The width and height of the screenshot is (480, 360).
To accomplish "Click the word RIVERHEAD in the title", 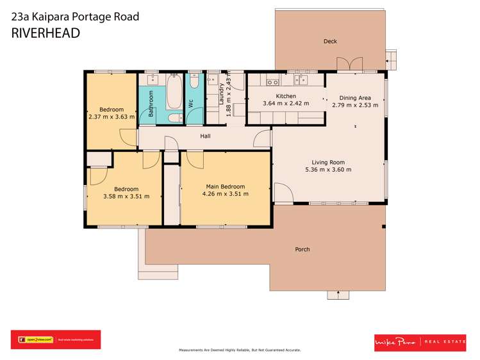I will (46, 33).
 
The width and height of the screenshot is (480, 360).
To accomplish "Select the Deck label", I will (330, 42).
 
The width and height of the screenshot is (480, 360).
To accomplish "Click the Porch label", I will (302, 249).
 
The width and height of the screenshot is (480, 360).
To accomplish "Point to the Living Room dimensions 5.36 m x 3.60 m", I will (328, 170).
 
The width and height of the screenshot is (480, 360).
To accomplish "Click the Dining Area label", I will (354, 97).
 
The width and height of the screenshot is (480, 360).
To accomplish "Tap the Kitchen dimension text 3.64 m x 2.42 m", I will (286, 104).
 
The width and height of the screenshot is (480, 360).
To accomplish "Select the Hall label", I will (205, 136).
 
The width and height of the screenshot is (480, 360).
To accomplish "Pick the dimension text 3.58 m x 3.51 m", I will (127, 197).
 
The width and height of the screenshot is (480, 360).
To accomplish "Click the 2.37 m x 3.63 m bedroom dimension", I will (112, 117).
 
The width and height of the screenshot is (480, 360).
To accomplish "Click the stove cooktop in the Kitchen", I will (272, 81).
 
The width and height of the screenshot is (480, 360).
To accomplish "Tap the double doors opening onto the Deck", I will (350, 65).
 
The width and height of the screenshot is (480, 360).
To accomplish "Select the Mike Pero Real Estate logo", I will (420, 343).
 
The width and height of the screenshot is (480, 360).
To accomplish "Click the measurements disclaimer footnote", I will (239, 350).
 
